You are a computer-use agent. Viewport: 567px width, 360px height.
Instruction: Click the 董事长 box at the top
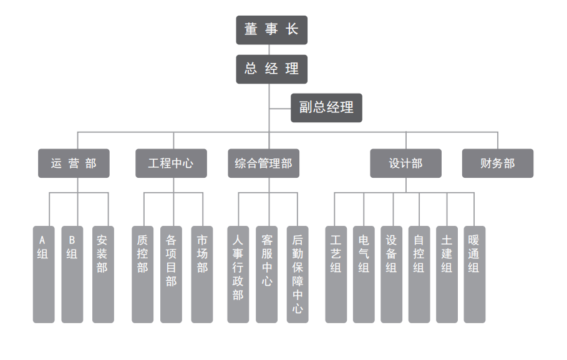coord(271,30)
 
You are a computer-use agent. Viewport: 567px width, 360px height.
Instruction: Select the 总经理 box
coord(271,69)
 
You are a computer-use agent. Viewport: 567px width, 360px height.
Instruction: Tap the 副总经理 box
coord(326,107)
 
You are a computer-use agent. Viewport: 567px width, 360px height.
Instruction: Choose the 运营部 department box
coord(74,163)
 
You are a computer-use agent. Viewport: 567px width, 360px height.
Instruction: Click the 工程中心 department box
coord(171,163)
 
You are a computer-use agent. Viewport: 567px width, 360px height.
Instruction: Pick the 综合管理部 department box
coord(263,163)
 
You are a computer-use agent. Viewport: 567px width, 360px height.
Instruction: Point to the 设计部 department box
coord(405,163)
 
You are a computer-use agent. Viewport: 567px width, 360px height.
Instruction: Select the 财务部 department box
coord(498,163)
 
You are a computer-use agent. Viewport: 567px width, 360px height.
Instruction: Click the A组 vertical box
coord(44,274)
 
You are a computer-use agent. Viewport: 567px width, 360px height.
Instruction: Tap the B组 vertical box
coord(72,274)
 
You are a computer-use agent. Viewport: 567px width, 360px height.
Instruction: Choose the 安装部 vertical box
coord(103,274)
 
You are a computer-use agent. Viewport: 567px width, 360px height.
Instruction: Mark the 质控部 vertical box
coord(143,274)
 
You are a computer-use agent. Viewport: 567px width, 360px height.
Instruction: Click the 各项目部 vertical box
coord(171,274)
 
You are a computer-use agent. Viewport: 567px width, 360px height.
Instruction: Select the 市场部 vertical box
coord(202,274)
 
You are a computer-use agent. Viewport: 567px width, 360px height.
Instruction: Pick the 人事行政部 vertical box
coord(238,274)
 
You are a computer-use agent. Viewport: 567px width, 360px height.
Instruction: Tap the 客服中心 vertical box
coord(267,274)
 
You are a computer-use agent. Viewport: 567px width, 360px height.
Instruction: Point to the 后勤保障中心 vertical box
coord(298,274)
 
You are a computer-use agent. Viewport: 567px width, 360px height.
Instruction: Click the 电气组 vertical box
coord(364,274)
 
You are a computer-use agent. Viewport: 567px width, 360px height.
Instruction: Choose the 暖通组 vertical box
coord(474,274)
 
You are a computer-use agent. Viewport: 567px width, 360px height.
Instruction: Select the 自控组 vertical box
coord(419,274)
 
